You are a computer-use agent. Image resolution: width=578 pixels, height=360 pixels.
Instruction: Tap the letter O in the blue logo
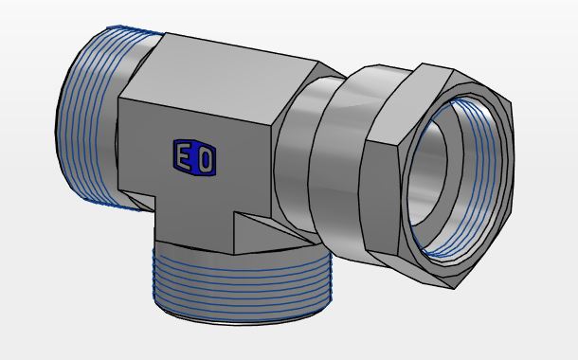[x=206, y=159]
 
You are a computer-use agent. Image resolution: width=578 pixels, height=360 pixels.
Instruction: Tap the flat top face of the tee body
[x=218, y=81]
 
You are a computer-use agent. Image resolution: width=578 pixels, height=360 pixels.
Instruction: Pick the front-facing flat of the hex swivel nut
[x=380, y=199]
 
